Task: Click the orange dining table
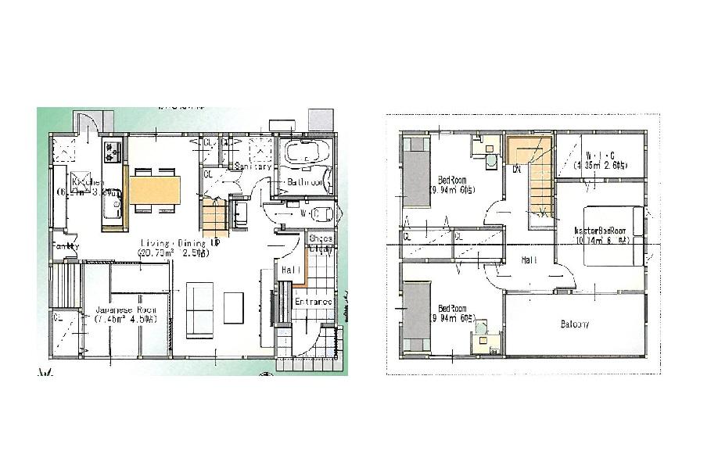[155, 190]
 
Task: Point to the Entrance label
[314, 302]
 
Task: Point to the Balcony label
[575, 324]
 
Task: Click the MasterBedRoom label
[601, 231]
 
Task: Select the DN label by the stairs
[517, 169]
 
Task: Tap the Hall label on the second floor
[529, 259]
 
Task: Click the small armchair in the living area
[234, 307]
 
